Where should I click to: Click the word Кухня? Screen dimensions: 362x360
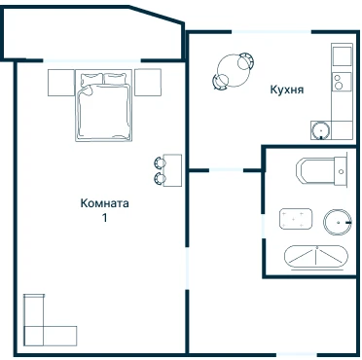pyautogui.click(x=287, y=90)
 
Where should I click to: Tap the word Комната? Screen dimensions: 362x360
pyautogui.click(x=104, y=203)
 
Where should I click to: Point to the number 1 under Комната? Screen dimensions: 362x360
pyautogui.click(x=104, y=218)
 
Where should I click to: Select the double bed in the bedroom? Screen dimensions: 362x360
pyautogui.click(x=104, y=105)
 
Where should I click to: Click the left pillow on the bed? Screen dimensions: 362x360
pyautogui.click(x=90, y=80)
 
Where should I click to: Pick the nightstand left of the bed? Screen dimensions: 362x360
pyautogui.click(x=61, y=83)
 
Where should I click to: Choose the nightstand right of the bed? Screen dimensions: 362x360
pyautogui.click(x=148, y=83)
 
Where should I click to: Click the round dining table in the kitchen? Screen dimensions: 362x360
pyautogui.click(x=234, y=70)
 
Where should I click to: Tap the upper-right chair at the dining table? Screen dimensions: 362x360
pyautogui.click(x=245, y=61)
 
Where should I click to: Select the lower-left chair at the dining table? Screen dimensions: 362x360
pyautogui.click(x=221, y=81)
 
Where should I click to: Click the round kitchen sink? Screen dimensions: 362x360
pyautogui.click(x=321, y=130)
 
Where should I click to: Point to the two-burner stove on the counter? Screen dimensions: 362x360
pyautogui.click(x=342, y=82)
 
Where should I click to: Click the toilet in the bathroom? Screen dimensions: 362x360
pyautogui.click(x=321, y=171)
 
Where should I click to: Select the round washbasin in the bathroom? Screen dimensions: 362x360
pyautogui.click(x=338, y=222)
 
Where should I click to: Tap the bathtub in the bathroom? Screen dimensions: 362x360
pyautogui.click(x=315, y=257)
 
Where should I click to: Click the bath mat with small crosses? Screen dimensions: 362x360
pyautogui.click(x=296, y=219)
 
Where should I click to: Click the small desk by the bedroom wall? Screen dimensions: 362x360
pyautogui.click(x=172, y=170)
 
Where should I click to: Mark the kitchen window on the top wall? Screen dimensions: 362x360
pyautogui.click(x=271, y=32)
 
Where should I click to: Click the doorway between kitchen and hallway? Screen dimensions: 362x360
pyautogui.click(x=226, y=170)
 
